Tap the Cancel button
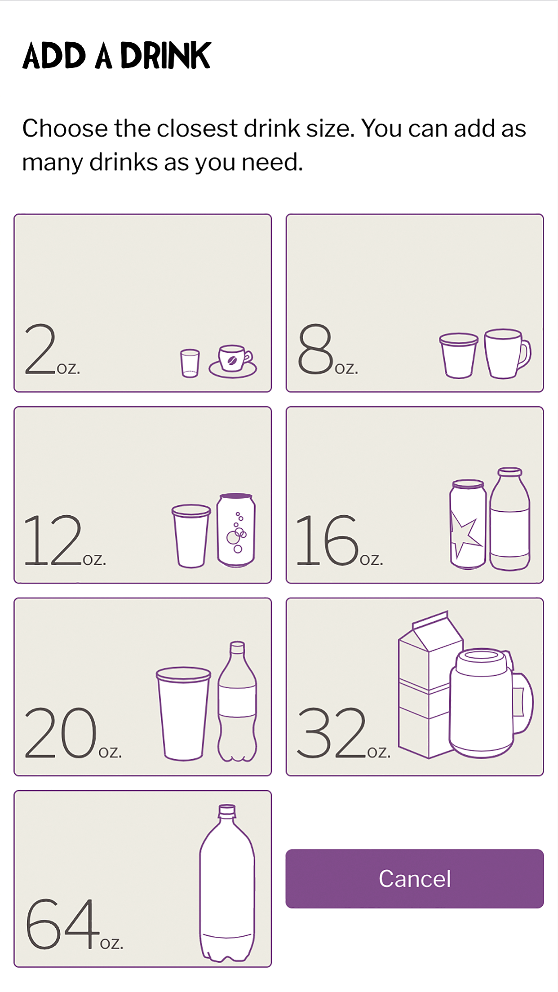tap(414, 878)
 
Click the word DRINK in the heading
tap(165, 56)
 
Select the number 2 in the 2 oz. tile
tap(40, 349)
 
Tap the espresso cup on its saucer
tap(233, 361)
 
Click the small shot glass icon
tap(190, 363)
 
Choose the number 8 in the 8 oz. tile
tap(316, 349)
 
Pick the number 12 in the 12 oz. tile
tap(53, 540)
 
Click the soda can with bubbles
tap(236, 530)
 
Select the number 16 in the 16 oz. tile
tap(327, 540)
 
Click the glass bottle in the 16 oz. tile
tap(509, 519)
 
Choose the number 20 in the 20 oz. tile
tap(60, 732)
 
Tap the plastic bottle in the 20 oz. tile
tap(237, 701)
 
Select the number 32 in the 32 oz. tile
tap(331, 732)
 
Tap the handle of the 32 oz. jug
tap(523, 702)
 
